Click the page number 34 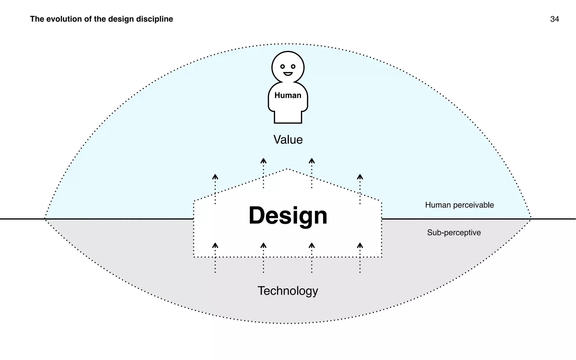tap(554, 19)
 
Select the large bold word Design tap(288, 216)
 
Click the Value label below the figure tap(288, 140)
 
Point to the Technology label tap(288, 291)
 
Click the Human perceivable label tap(459, 205)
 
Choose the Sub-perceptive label tap(454, 233)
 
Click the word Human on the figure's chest tap(288, 95)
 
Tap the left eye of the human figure tap(282, 67)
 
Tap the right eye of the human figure tap(293, 67)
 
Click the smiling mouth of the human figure tap(288, 74)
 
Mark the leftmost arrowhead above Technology tap(215, 245)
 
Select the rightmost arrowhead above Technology tap(360, 245)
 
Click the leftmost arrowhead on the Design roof tap(215, 177)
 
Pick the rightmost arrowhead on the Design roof tap(360, 177)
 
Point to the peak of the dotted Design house tap(287, 169)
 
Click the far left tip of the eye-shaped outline tap(45, 219)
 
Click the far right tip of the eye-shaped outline tap(530, 218)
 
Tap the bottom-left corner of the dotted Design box tap(194, 257)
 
